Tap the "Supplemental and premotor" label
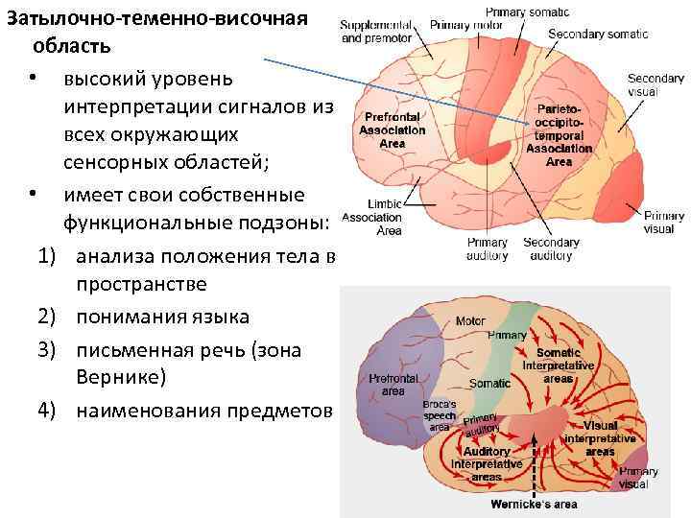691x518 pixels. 376,31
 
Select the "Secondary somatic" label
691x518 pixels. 597,35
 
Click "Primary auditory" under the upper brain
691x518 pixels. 488,248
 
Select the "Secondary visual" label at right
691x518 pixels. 655,85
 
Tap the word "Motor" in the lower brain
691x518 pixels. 470,320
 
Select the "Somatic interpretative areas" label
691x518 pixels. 559,365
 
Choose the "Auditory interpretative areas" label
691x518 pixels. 487,464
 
